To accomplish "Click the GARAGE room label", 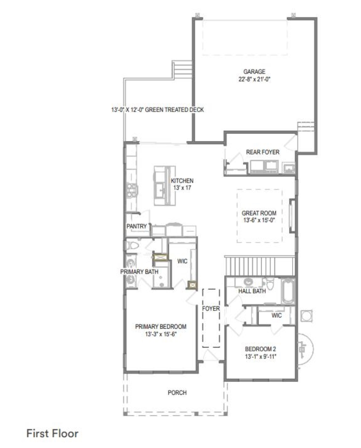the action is [254, 72].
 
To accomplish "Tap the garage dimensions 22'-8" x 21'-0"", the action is [254, 79].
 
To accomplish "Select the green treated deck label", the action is [158, 110].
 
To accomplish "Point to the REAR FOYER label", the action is [263, 152].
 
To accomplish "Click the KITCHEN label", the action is [182, 181].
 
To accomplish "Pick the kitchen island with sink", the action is [165, 185].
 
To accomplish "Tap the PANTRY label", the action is [137, 226].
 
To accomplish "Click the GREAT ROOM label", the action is [259, 213].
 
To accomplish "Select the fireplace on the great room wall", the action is [292, 216].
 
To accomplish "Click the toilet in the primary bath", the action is [132, 245].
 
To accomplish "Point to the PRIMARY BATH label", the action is [139, 272].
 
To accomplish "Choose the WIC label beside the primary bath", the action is [182, 261].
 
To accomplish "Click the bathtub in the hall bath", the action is [288, 291].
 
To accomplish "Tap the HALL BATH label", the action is [252, 291].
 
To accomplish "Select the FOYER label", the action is [211, 308].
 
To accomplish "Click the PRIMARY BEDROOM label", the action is [161, 326].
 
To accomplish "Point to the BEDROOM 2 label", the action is [260, 349].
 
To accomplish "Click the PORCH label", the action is [177, 393].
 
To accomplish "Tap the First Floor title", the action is [53, 433].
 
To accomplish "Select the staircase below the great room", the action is [260, 266].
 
